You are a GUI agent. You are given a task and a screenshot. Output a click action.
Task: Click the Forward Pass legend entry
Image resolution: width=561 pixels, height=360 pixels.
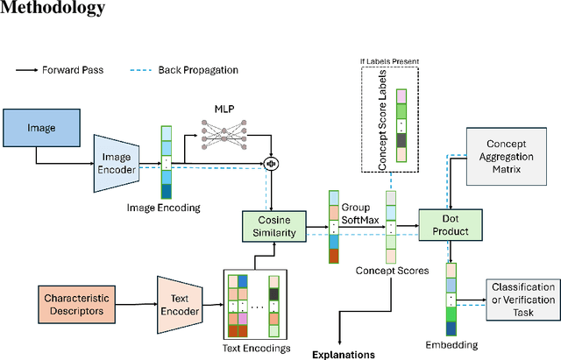click(x=53, y=69)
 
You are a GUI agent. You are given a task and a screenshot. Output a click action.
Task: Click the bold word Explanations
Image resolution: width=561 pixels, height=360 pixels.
click(x=343, y=355)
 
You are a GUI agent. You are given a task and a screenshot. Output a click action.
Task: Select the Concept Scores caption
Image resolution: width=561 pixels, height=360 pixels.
click(x=393, y=271)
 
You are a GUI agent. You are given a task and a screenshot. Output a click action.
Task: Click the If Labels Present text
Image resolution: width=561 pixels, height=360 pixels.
click(x=390, y=62)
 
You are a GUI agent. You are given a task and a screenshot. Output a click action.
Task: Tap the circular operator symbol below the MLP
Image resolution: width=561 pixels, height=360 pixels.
click(x=272, y=162)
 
